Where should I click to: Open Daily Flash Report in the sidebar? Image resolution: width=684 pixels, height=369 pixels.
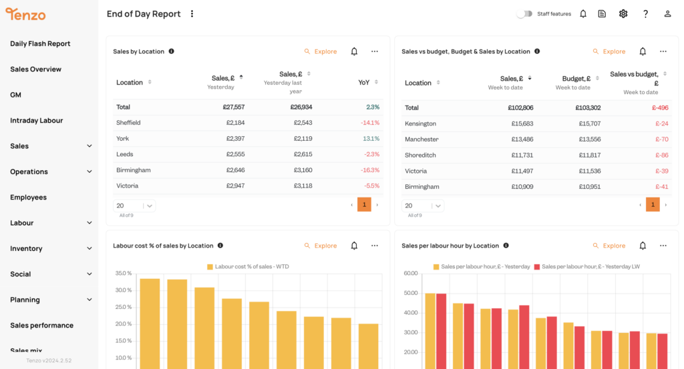pos(40,43)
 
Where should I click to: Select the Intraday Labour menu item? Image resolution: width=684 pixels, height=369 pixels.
pos(36,120)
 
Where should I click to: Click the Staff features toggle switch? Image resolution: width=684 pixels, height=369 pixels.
pos(525,14)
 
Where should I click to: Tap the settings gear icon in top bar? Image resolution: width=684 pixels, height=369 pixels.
pos(623,14)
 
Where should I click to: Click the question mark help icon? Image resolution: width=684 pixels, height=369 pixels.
pos(645,14)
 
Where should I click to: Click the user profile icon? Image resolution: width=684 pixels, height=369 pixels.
pos(667,14)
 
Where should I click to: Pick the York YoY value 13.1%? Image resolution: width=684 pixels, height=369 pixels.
pos(371,139)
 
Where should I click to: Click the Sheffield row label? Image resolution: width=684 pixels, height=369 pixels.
pos(128,123)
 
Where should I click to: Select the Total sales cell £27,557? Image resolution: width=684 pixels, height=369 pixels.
pos(234,107)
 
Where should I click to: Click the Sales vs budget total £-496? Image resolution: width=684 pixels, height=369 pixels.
pos(659,107)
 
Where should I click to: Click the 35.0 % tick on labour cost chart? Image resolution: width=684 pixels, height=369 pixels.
pos(124,274)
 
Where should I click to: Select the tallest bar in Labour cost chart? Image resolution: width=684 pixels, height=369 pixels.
pos(150,320)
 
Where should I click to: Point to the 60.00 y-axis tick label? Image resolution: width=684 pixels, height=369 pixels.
pos(411,274)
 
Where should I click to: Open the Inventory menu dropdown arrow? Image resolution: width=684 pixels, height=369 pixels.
pos(90,248)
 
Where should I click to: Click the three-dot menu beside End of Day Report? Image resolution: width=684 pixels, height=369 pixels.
pos(192,14)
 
